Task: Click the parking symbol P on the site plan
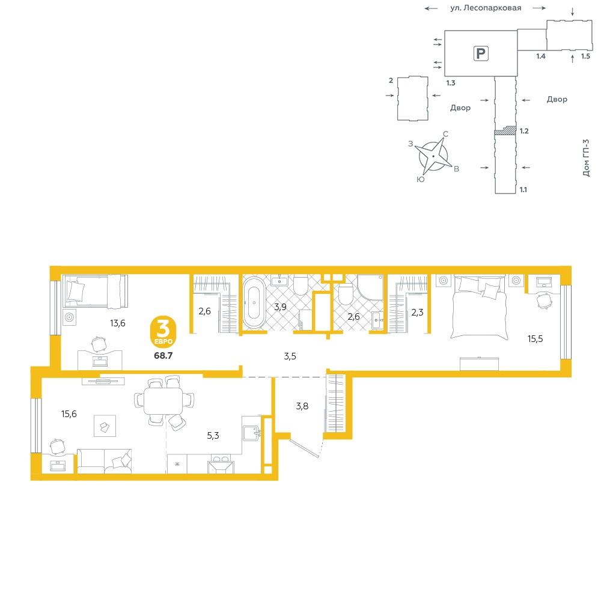481,53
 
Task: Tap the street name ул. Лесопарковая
486,8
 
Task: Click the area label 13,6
118,323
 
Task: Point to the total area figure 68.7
163,355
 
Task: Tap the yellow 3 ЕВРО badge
163,332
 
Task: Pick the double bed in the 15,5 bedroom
480,307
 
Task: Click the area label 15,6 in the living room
69,414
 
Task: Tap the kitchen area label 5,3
213,435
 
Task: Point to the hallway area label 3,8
302,406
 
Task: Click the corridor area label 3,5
290,356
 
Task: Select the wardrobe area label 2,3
418,313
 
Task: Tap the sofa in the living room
104,461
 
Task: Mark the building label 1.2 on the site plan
524,131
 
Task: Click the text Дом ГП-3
586,157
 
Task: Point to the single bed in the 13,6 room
95,291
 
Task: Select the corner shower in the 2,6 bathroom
370,287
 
